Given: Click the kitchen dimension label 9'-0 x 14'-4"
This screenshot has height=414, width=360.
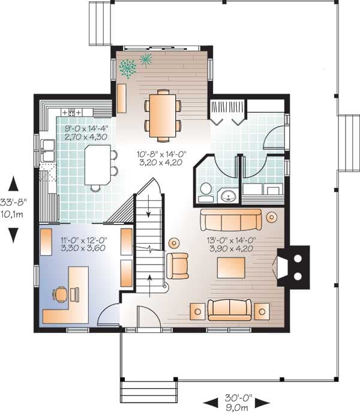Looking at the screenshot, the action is coord(86,128).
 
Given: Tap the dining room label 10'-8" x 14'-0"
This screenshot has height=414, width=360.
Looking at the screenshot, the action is coord(161,154).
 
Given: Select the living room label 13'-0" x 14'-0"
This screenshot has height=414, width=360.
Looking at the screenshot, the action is coord(232,240).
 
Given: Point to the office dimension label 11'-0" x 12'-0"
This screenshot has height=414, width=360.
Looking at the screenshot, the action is coord(84,240).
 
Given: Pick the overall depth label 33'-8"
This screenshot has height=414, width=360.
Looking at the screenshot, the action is coord(13,202).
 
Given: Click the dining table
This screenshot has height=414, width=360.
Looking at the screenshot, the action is coord(163,116).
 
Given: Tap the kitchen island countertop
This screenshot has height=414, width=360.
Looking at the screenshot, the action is coord(98,165).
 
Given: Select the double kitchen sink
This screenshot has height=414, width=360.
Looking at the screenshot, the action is coord(47,151).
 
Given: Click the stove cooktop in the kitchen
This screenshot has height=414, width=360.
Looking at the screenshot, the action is coord(71,112).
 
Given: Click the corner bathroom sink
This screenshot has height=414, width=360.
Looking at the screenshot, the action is coord(227,196).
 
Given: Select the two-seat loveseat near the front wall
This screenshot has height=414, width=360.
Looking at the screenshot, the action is coord(230,310).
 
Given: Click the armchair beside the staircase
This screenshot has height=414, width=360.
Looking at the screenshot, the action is coord(178,266).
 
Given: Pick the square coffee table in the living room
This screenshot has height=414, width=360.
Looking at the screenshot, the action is coord(231,268).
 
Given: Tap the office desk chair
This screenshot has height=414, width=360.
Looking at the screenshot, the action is coord(60,295).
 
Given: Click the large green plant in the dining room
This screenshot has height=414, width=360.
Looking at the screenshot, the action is coord(128,68).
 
